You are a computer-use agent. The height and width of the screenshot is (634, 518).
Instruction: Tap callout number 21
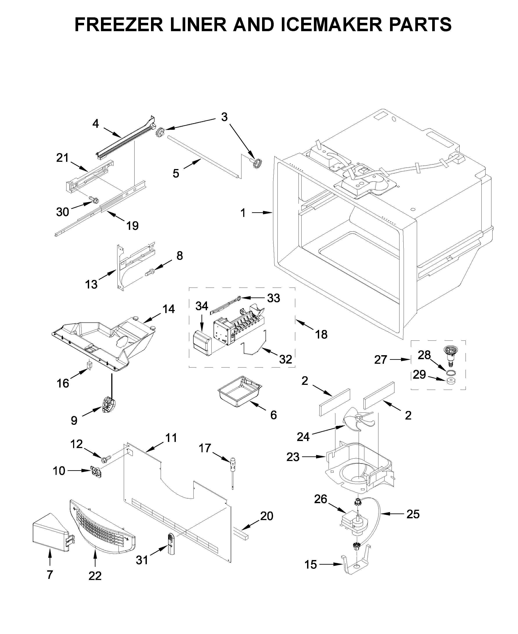click(x=63, y=158)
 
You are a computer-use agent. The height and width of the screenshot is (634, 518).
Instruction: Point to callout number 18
click(x=321, y=335)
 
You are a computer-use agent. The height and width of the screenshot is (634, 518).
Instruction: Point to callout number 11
click(x=171, y=438)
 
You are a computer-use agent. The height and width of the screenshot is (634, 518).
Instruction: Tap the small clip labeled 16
click(x=89, y=365)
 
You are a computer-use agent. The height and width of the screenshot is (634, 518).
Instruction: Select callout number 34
click(x=202, y=306)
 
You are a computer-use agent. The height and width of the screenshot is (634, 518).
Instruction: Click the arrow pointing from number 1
click(x=261, y=213)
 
